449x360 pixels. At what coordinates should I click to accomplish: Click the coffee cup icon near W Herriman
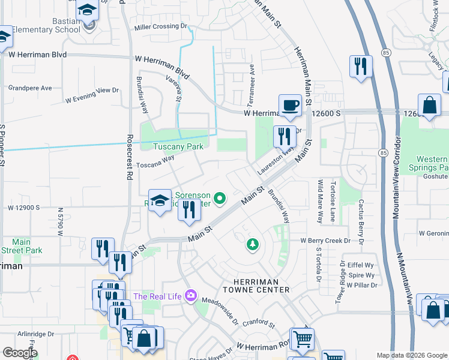click(290, 106)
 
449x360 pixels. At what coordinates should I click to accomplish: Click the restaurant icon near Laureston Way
click(285, 137)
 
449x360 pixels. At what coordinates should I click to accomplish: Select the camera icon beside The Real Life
click(191, 295)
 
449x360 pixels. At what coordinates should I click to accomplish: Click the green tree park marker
click(253, 244)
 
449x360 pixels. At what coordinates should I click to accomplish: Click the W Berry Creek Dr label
click(325, 241)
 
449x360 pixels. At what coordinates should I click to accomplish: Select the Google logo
click(20, 352)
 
